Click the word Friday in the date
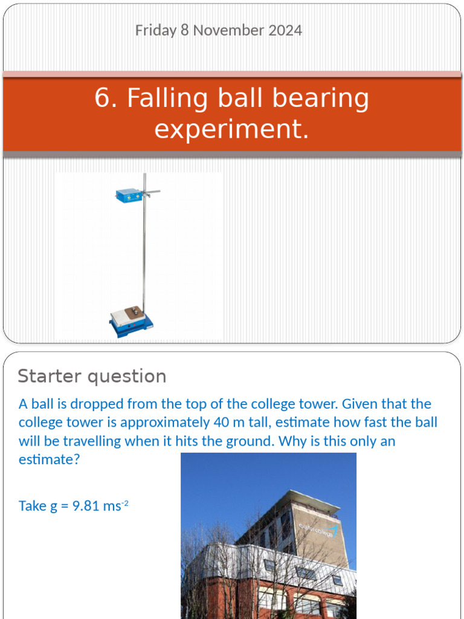click(x=156, y=30)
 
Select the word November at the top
click(x=224, y=30)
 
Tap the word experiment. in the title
click(x=231, y=129)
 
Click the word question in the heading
click(x=129, y=376)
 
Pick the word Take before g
click(x=33, y=506)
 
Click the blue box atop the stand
click(x=128, y=195)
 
